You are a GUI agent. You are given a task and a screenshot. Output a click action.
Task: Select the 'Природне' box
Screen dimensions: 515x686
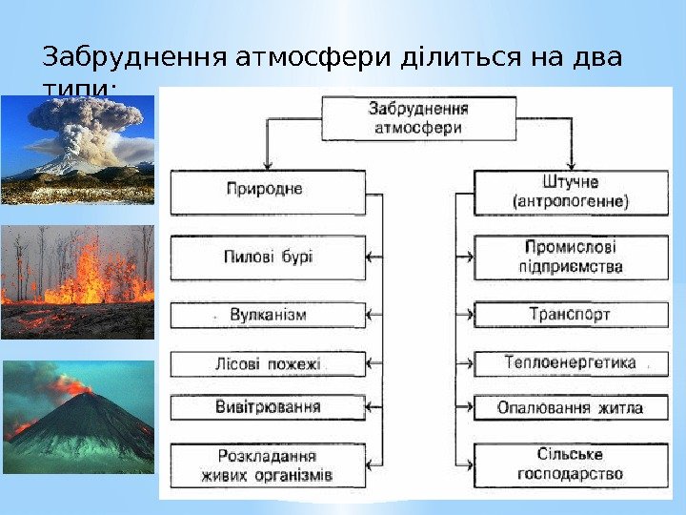point(267,191)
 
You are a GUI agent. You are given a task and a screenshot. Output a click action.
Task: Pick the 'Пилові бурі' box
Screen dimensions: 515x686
point(267,257)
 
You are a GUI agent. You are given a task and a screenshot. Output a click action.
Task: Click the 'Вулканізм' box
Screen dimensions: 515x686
point(267,313)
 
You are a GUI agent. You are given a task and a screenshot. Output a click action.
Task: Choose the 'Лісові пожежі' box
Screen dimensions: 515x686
point(267,363)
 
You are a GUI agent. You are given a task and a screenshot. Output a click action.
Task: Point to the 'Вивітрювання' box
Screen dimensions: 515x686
point(267,407)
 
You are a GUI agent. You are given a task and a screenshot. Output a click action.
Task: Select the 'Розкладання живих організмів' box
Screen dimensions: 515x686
point(267,464)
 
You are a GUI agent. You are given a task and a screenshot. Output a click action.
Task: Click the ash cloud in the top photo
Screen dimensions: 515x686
point(81,129)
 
